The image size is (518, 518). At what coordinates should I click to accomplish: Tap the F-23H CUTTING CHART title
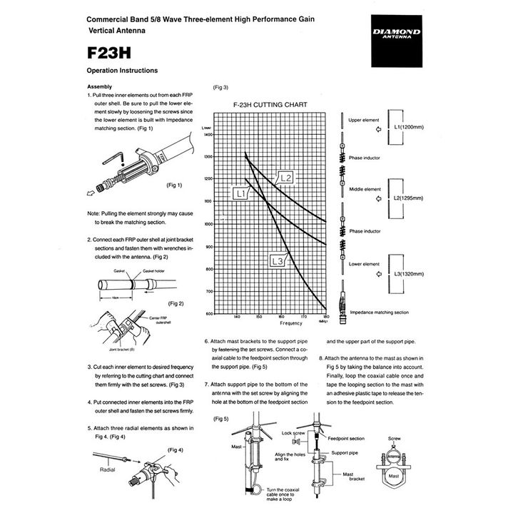tap(270, 104)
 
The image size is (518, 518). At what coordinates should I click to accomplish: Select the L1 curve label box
tap(240, 193)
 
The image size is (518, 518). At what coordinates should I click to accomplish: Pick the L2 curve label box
tap(285, 177)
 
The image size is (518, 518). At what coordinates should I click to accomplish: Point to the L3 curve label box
tap(278, 263)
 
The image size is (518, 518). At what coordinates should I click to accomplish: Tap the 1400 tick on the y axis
tap(208, 134)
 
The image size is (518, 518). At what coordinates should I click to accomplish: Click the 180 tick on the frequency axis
tap(325, 316)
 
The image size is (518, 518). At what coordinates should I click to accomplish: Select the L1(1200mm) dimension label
tap(409, 126)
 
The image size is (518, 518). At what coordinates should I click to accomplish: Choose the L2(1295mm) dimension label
tap(409, 198)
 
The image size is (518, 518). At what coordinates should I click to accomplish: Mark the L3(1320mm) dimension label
tap(409, 273)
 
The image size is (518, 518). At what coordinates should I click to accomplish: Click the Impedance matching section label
tap(379, 312)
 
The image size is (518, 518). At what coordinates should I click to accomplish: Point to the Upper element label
tap(364, 121)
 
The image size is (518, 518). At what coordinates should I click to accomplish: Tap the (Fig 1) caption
tap(174, 185)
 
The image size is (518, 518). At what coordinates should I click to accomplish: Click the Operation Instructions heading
tap(122, 71)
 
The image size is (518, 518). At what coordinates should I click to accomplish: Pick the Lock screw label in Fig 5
tap(293, 432)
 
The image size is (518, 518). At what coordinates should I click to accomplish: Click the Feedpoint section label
tap(345, 439)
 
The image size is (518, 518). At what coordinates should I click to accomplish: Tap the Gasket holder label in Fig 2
tap(153, 271)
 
